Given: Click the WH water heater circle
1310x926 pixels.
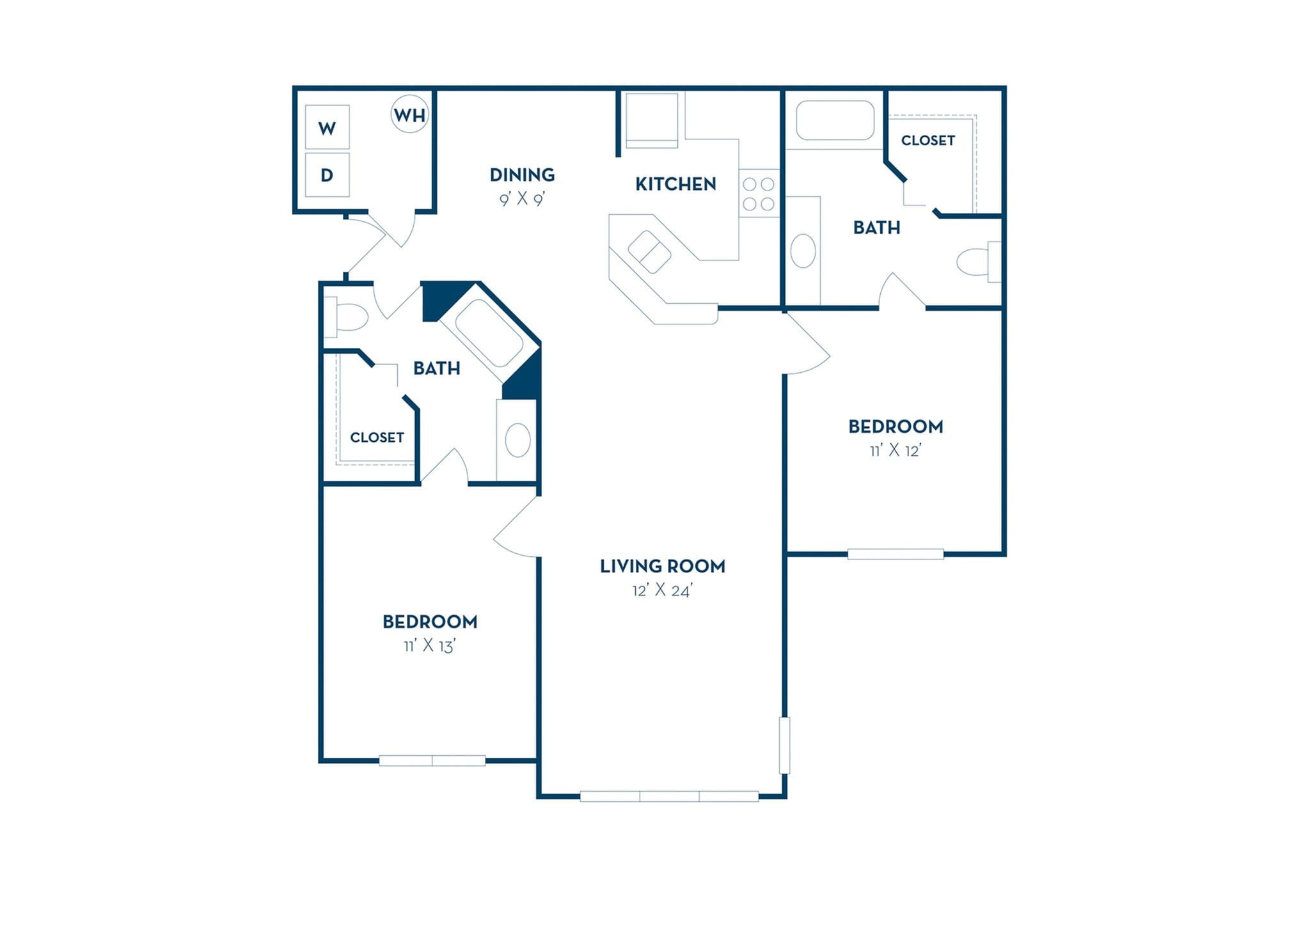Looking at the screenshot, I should click(x=409, y=114).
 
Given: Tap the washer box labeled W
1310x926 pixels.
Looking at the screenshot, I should click(x=327, y=127).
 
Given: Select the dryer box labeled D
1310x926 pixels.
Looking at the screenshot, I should click(x=327, y=175).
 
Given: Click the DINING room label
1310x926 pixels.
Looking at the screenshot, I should click(x=522, y=175).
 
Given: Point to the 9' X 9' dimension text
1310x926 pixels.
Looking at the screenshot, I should click(x=522, y=200).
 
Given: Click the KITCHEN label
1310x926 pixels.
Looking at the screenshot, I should click(x=675, y=184).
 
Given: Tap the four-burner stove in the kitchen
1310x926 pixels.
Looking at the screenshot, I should click(x=759, y=194).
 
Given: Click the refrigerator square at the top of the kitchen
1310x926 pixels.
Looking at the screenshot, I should click(x=651, y=120).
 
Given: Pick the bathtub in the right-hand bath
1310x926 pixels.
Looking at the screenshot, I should click(x=834, y=120).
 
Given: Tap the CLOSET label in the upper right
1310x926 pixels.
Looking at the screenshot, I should click(x=927, y=140).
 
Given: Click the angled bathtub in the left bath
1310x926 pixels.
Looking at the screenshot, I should click(x=489, y=333).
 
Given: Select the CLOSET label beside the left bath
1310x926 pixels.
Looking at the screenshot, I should click(x=377, y=437).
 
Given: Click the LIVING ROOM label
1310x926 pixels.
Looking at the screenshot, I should click(x=662, y=566).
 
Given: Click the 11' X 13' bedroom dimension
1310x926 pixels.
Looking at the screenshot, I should click(x=429, y=647).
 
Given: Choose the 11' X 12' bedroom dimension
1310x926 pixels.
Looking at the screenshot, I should click(x=895, y=451).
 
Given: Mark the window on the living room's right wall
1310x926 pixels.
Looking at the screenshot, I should click(x=784, y=745).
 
